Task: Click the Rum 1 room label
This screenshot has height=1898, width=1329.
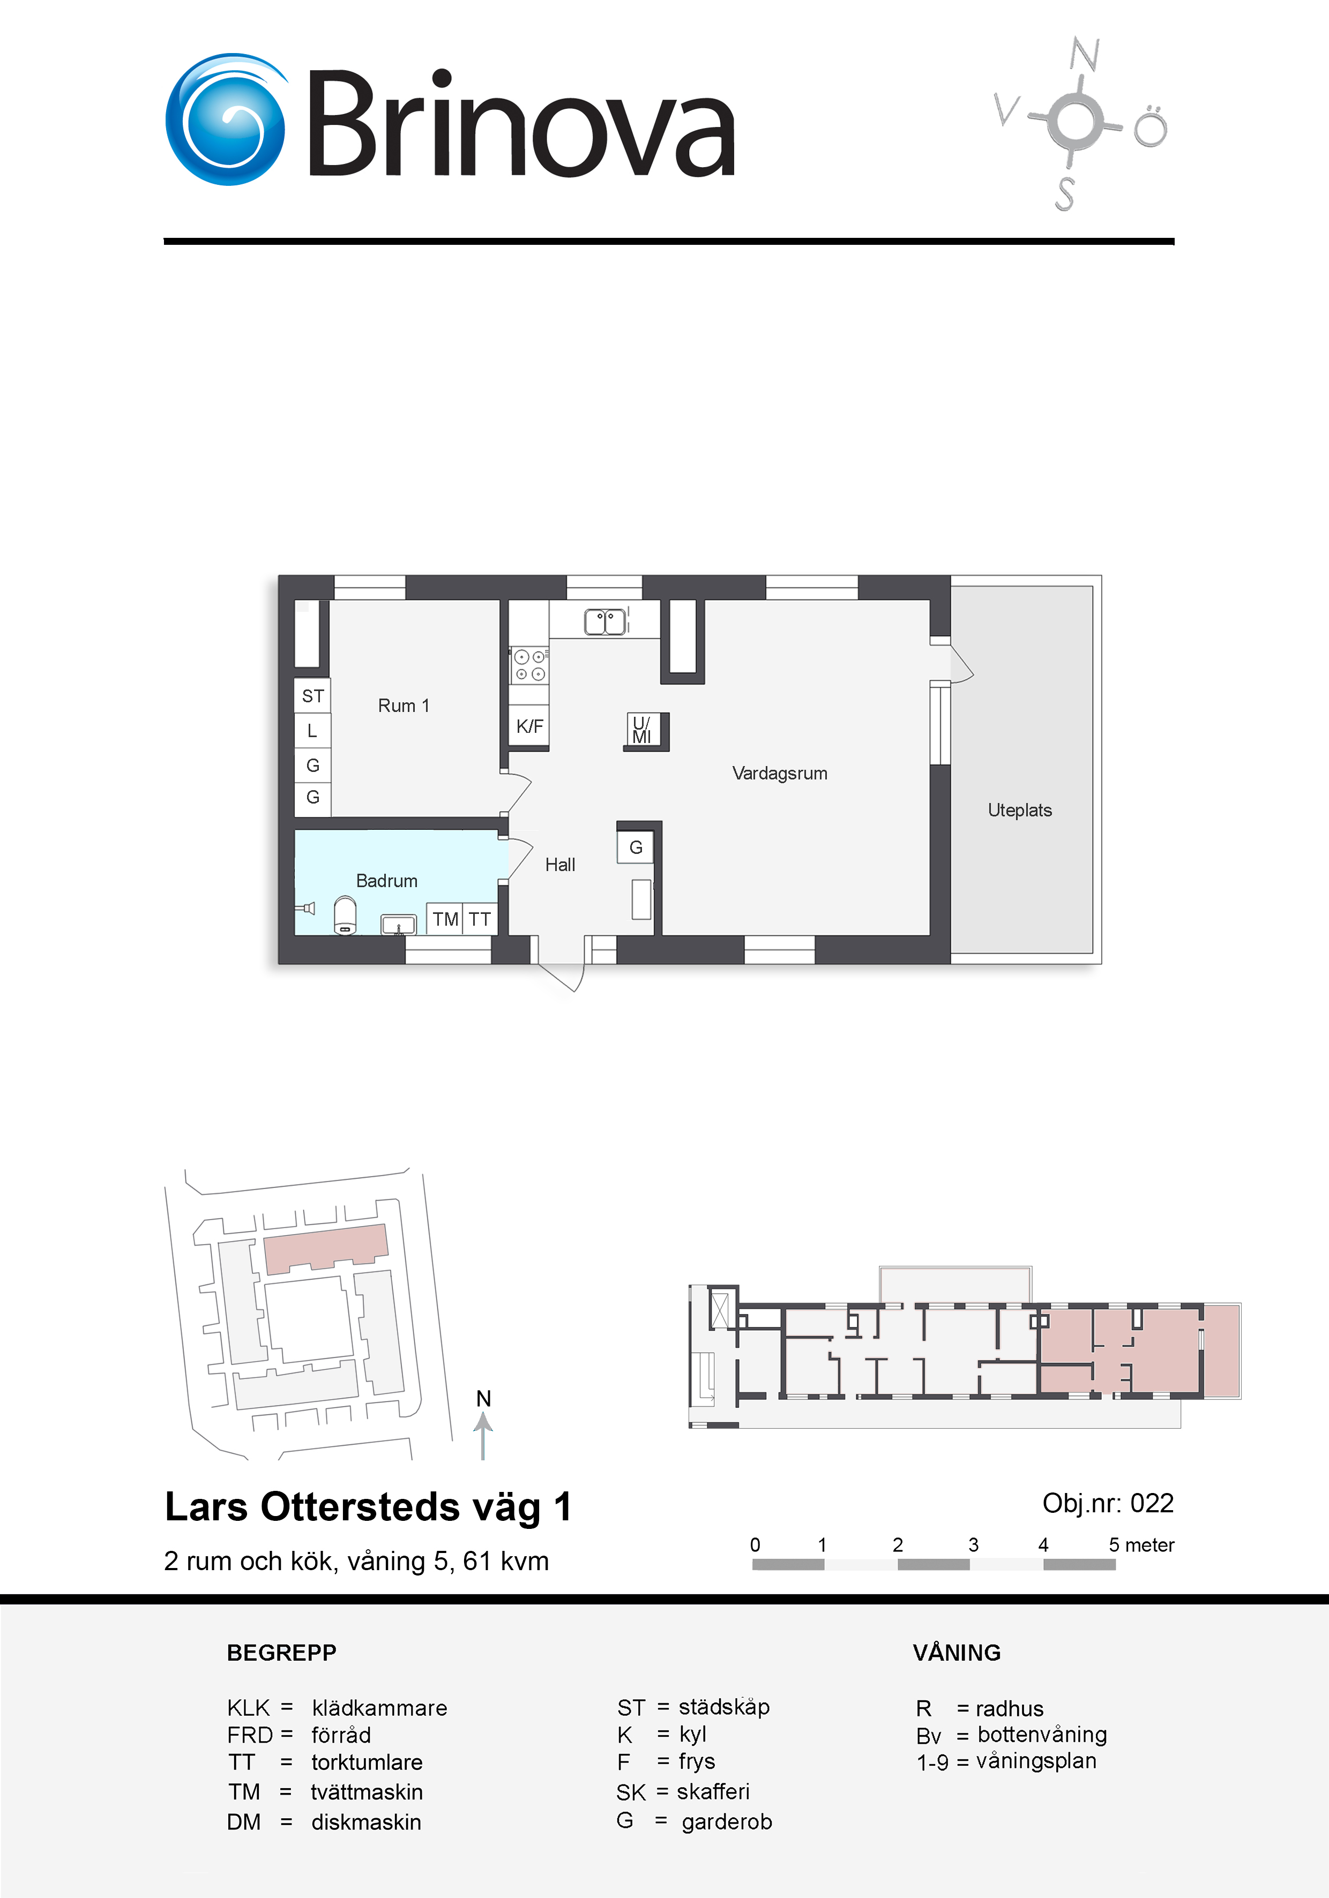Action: click(x=404, y=705)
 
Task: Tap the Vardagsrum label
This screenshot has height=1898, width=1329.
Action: click(x=780, y=773)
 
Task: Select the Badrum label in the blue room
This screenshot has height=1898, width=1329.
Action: click(x=386, y=880)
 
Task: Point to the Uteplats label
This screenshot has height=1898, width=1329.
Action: click(x=1020, y=810)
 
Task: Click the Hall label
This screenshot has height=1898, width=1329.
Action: click(x=560, y=865)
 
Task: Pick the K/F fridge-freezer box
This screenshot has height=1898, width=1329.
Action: click(x=529, y=726)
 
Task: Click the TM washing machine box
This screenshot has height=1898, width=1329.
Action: click(x=445, y=918)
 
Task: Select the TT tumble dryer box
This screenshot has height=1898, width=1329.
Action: click(x=480, y=918)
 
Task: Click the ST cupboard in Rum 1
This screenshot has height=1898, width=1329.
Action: click(x=312, y=695)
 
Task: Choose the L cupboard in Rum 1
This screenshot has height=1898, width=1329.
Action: click(x=312, y=730)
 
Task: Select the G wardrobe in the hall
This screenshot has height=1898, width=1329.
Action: click(x=635, y=846)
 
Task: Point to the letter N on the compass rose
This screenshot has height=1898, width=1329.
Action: click(x=1084, y=55)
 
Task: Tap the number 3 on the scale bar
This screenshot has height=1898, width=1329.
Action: click(x=973, y=1544)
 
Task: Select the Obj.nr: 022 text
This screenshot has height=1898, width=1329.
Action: click(x=1108, y=1503)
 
